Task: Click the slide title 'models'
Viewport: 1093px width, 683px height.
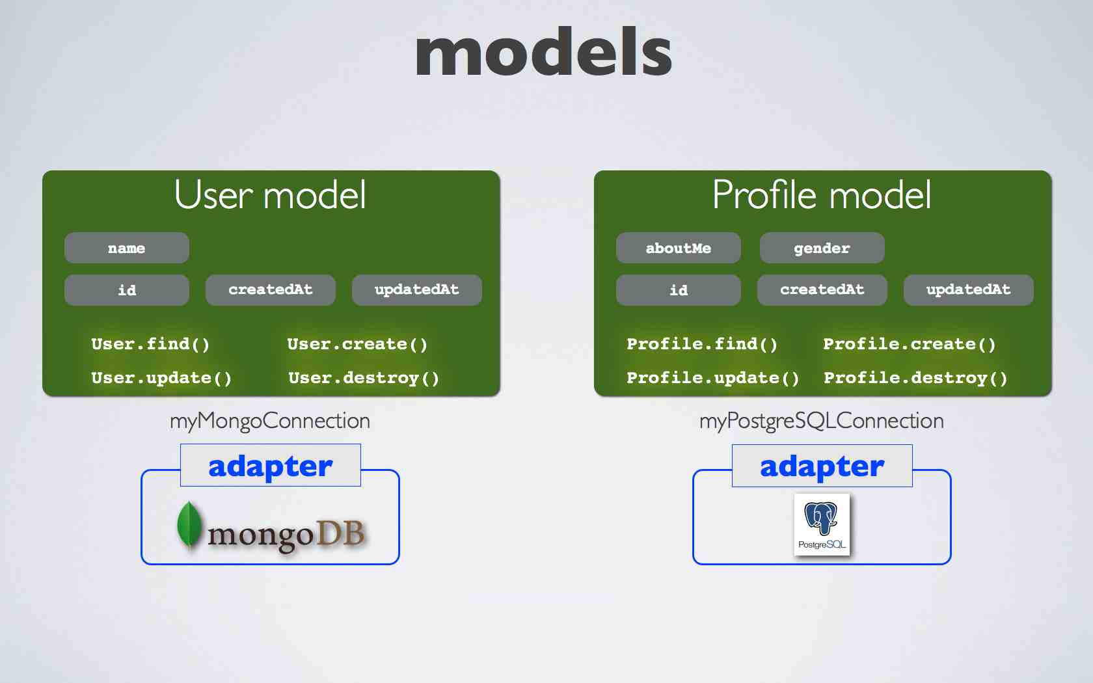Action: coord(544,51)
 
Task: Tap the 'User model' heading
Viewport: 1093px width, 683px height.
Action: coord(270,194)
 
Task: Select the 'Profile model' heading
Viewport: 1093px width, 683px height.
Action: coord(822,194)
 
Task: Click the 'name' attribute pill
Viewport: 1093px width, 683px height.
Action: coord(127,248)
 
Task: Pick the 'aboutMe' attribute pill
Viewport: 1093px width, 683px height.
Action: coord(678,248)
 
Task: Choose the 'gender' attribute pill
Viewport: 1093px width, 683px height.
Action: coord(822,248)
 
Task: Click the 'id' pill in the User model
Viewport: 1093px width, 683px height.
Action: coord(127,290)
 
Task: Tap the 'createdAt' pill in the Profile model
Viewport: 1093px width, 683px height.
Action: coord(822,290)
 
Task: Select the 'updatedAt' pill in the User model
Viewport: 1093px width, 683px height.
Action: coord(416,290)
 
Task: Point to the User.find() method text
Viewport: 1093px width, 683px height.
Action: coord(150,344)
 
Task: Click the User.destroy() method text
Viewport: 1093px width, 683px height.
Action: coord(364,378)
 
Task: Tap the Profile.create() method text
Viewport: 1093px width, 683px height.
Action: coord(910,344)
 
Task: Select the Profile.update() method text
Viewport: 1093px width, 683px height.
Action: coord(713,378)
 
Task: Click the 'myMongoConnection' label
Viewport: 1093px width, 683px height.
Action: coord(270,421)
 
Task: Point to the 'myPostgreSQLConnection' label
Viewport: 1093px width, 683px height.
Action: coord(822,421)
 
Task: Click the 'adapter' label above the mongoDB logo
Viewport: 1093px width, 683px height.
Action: coord(271,466)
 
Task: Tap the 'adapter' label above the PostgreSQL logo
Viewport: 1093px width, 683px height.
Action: coord(822,466)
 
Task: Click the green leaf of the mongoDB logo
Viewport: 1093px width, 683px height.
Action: coord(189,525)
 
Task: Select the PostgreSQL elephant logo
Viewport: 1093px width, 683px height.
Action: coord(822,524)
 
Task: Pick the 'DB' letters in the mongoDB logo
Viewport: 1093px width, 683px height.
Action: coord(341,533)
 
